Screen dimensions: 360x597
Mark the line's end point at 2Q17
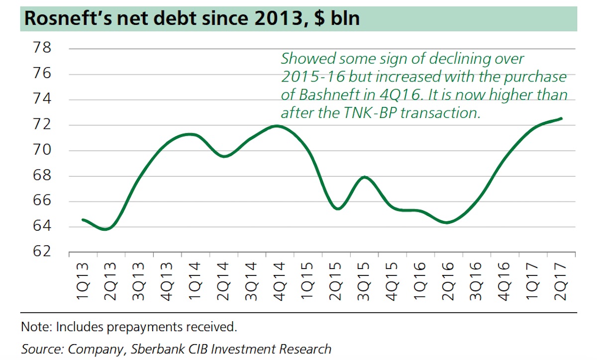coord(562,118)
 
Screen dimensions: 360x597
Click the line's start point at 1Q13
coord(83,219)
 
